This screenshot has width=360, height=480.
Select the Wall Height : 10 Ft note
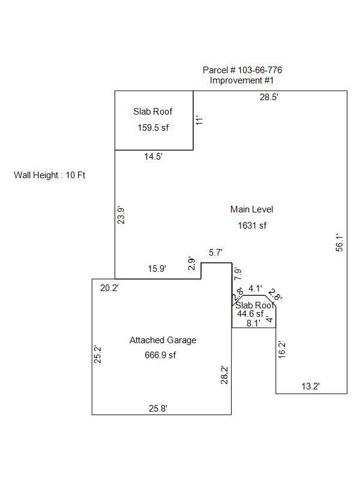pyautogui.click(x=50, y=175)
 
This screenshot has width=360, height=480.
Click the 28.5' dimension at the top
pyautogui.click(x=268, y=97)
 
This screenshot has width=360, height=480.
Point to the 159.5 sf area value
pyautogui.click(x=153, y=127)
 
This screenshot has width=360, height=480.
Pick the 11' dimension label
pyautogui.click(x=201, y=119)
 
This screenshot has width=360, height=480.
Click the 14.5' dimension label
pyautogui.click(x=154, y=157)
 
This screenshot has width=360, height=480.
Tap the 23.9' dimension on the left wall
pyautogui.click(x=121, y=215)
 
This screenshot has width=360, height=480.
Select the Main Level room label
pyautogui.click(x=252, y=209)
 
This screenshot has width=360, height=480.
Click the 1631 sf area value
pyautogui.click(x=252, y=226)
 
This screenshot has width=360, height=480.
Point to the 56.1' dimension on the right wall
pyautogui.click(x=339, y=242)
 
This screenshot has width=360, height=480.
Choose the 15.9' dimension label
pyautogui.click(x=157, y=269)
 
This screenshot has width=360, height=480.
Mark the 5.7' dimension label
pyautogui.click(x=216, y=253)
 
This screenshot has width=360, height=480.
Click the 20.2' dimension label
pyautogui.click(x=109, y=288)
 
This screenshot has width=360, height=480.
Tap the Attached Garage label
pyautogui.click(x=163, y=340)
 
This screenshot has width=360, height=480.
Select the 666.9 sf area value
pyautogui.click(x=161, y=355)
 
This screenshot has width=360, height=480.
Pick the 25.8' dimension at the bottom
pyautogui.click(x=158, y=409)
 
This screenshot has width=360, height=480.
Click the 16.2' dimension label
pyautogui.click(x=282, y=350)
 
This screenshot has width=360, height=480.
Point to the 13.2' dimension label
pyautogui.click(x=311, y=387)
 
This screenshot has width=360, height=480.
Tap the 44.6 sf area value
pyautogui.click(x=250, y=313)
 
